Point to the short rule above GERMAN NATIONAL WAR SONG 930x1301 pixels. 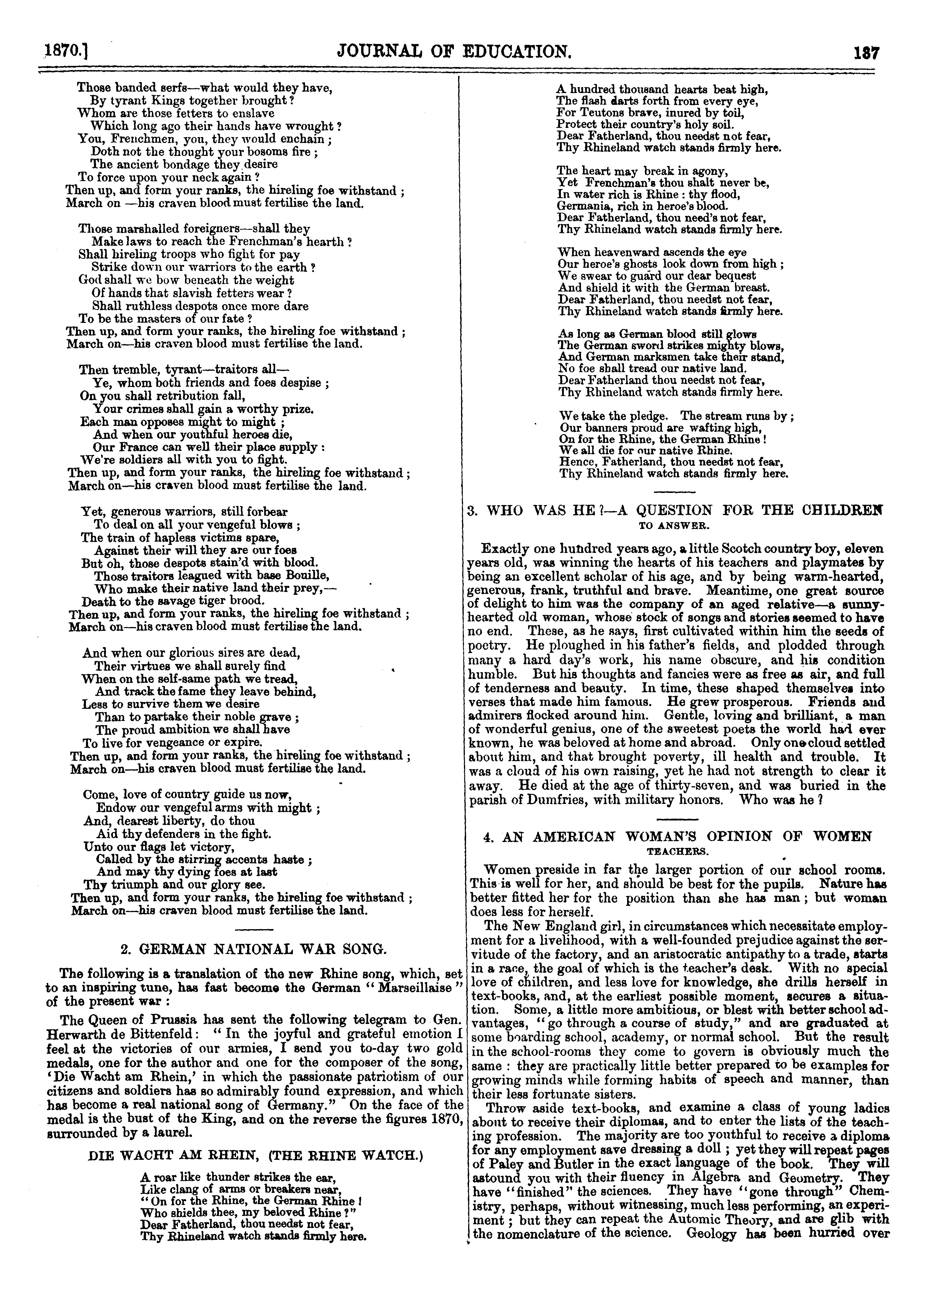(254, 928)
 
